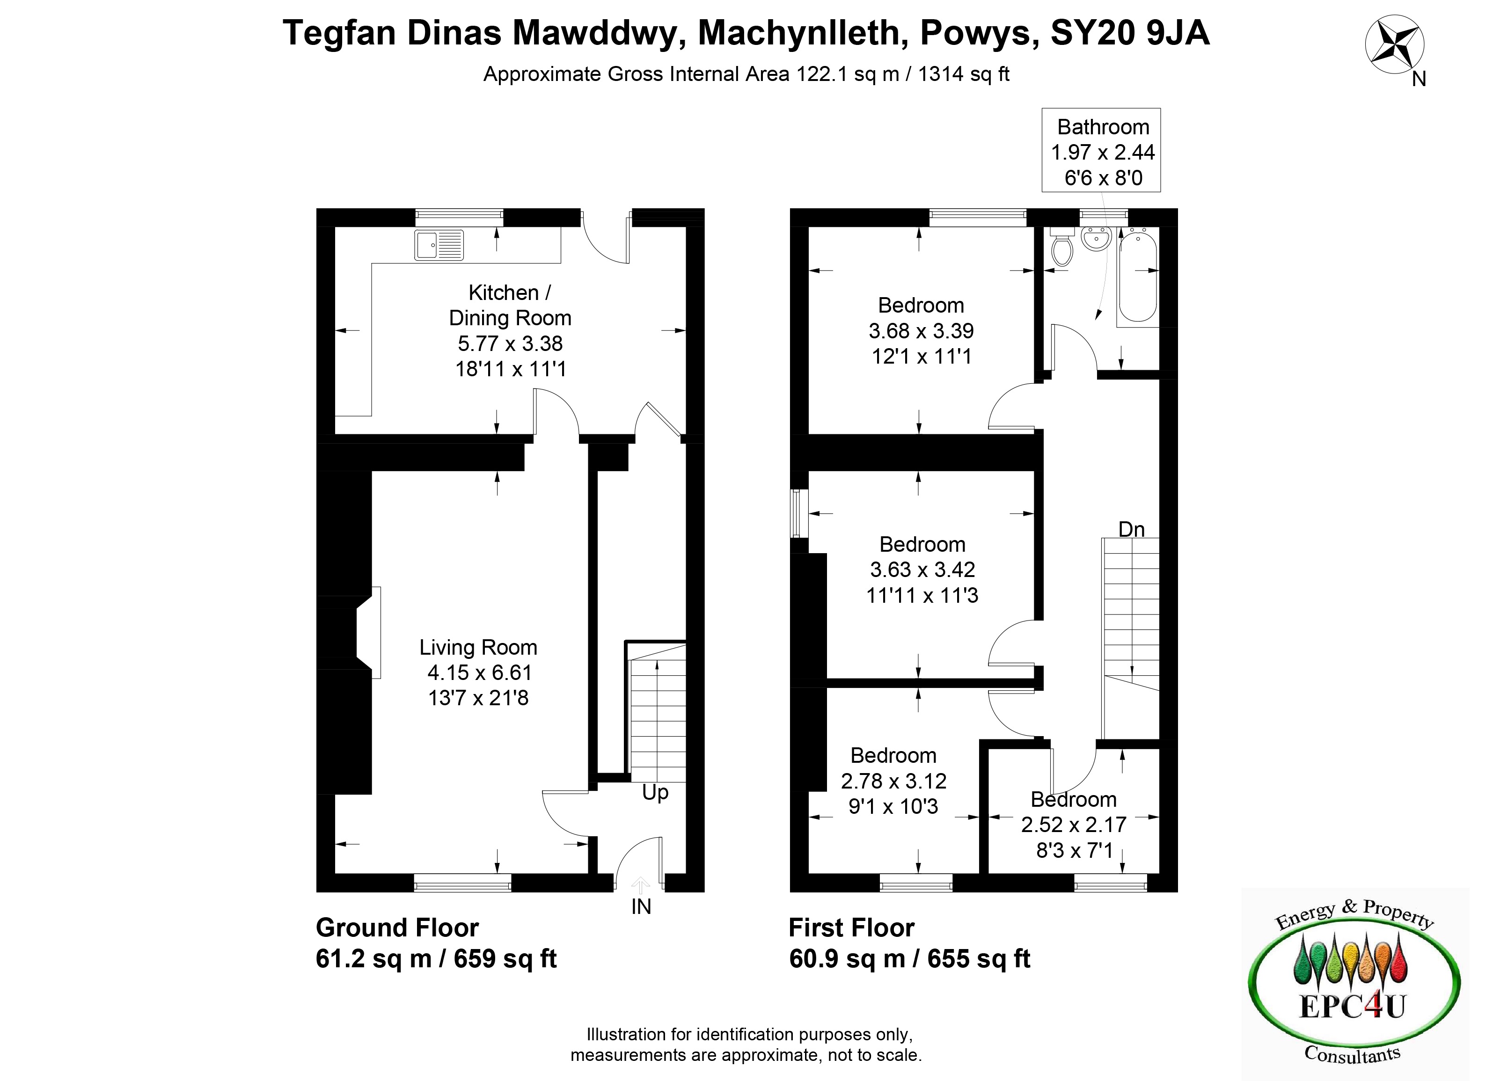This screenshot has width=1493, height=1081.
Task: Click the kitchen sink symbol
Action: point(439,245)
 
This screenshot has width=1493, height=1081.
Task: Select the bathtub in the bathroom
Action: point(1137,277)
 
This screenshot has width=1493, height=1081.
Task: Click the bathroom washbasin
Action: point(1096,238)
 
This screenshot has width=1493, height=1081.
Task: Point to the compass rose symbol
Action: point(1394,45)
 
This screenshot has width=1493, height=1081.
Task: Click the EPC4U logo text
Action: point(1352,1006)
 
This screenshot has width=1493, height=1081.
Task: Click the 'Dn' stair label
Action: point(1132,529)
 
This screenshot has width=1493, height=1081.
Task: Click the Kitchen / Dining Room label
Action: point(510,305)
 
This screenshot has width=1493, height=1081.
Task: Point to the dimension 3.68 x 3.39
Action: point(921,330)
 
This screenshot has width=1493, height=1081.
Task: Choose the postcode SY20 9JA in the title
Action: point(1130,33)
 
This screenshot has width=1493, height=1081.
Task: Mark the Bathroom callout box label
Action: point(1103,126)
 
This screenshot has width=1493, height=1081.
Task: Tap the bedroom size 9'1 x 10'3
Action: point(893,806)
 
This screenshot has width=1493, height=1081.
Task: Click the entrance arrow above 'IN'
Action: point(641,885)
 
